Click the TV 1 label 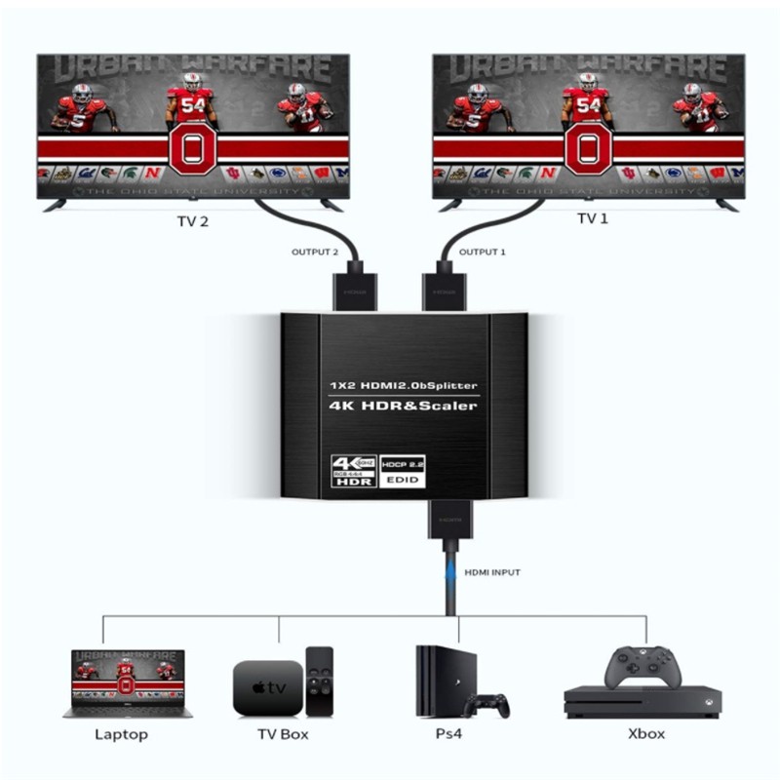592,218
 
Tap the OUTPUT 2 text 315,253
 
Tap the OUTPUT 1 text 484,253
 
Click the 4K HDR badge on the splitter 353,471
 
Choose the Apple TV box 266,687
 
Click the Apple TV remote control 319,681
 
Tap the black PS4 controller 487,704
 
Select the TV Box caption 281,734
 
